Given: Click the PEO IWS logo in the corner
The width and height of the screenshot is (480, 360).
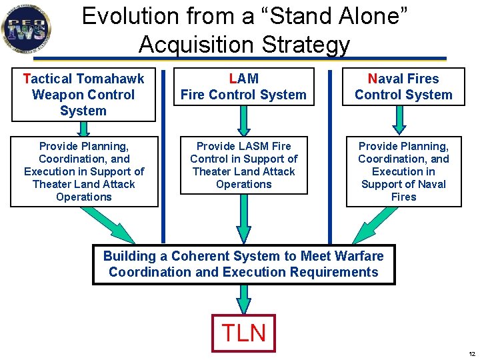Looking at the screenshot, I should (26, 28).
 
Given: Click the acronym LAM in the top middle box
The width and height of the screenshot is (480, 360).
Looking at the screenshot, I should (243, 79).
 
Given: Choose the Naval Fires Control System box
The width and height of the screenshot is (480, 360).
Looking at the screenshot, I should (403, 87).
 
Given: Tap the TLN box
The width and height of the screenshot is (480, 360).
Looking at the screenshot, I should (243, 332).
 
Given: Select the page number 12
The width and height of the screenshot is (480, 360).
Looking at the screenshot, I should (471, 353).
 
